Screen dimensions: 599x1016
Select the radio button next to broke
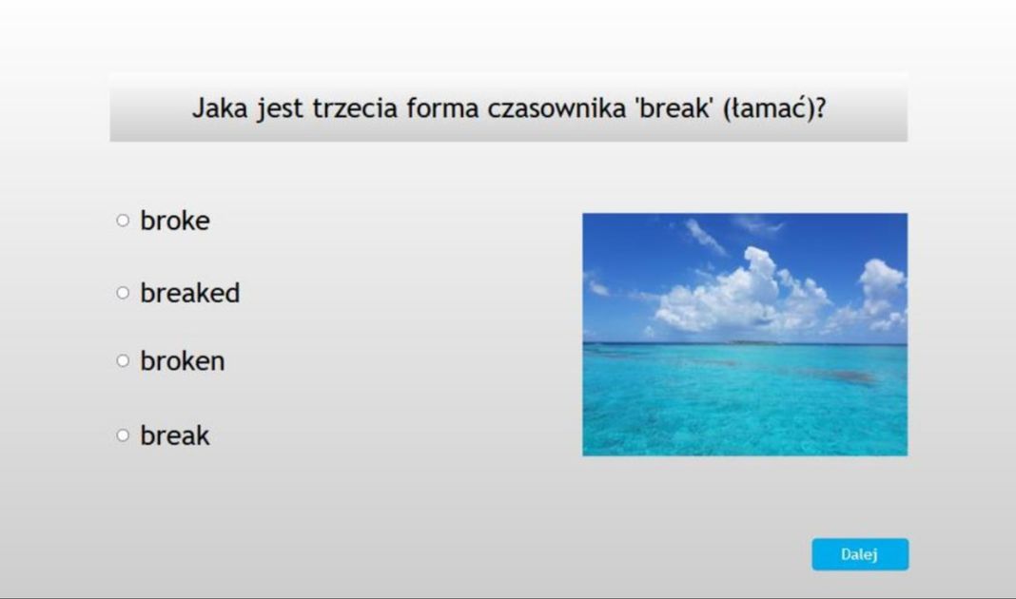[123, 221]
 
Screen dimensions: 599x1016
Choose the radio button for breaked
[123, 293]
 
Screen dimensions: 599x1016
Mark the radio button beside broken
[123, 361]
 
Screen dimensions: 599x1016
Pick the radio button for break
[123, 435]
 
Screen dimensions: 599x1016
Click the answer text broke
[175, 221]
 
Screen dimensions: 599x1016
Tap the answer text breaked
[190, 293]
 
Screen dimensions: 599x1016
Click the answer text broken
[183, 361]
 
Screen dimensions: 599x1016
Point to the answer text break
[175, 435]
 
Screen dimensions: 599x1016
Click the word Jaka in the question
[221, 107]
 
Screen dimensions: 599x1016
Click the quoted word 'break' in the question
[674, 107]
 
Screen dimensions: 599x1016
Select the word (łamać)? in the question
[773, 107]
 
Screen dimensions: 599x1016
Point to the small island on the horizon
[752, 342]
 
